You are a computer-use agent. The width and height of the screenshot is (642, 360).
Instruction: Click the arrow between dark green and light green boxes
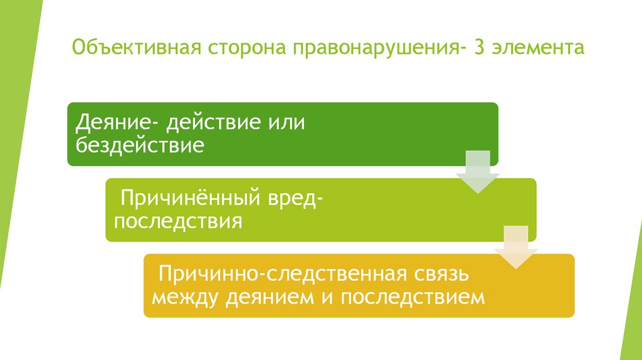click(x=478, y=172)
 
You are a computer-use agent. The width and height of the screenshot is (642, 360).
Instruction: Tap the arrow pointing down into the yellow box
click(x=515, y=248)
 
